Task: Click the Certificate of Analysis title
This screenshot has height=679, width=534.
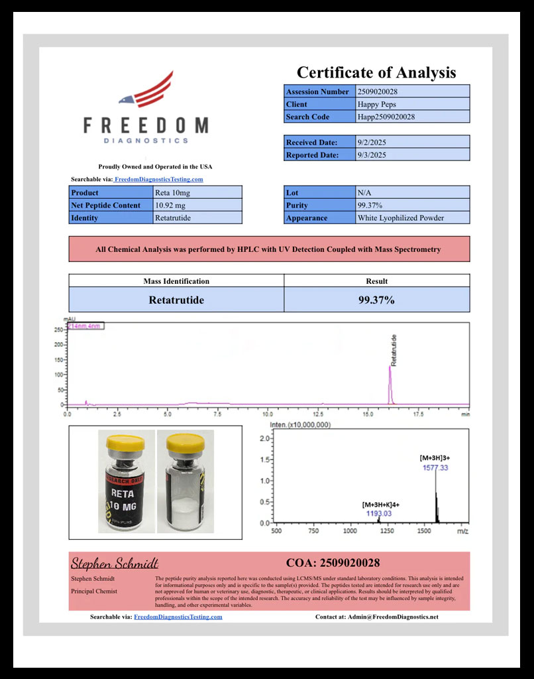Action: pos(376,72)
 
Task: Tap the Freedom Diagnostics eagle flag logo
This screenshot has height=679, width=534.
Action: pos(147,92)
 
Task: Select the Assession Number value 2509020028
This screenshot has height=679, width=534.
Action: pos(377,92)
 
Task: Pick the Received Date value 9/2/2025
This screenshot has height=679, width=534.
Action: pos(370,142)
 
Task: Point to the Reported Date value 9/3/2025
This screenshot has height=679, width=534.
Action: pos(370,154)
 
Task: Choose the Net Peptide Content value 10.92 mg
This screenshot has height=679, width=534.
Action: pos(172,206)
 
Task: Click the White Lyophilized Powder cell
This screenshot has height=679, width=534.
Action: pos(400,218)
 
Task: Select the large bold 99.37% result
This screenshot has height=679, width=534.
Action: pos(376,300)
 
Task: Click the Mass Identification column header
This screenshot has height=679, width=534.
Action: pos(176,281)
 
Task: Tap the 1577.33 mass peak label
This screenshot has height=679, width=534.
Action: pos(435,468)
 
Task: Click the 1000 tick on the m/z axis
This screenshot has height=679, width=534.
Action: pos(350,531)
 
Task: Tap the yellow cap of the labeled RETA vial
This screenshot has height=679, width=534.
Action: pos(127,440)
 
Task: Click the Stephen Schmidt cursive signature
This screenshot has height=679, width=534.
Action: pos(114,564)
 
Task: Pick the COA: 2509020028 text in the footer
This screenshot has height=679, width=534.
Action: pos(333,563)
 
